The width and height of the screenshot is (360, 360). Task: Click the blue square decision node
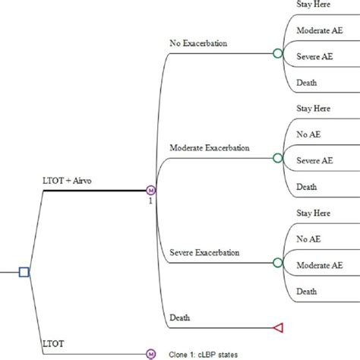pos(24,271)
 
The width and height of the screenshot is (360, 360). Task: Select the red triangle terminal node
pos(278,327)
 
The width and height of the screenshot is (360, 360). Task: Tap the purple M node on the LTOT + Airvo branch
pos(150,190)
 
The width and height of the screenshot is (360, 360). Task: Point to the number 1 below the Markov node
pos(150,201)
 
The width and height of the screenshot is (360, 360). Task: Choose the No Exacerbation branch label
pos(198,43)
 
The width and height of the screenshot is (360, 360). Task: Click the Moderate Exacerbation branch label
pos(210,147)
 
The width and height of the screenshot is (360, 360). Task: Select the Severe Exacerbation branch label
pos(204,252)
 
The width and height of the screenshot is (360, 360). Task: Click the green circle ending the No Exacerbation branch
pos(278,54)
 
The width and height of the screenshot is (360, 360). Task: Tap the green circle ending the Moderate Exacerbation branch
pos(278,158)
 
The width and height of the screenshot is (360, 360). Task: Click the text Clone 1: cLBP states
pos(200,354)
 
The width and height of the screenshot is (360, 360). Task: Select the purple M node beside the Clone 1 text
pos(150,353)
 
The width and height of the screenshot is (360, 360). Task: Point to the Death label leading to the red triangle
pos(181,317)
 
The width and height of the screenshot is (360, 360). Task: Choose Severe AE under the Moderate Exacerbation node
pos(314,160)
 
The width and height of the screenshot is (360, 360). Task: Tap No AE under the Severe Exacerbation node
pos(308,238)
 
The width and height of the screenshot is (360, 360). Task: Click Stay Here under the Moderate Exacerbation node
pos(314,109)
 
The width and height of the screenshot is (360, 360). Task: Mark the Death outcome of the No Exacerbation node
pos(307,82)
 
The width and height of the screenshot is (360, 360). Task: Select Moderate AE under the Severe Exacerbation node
pos(318,265)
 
